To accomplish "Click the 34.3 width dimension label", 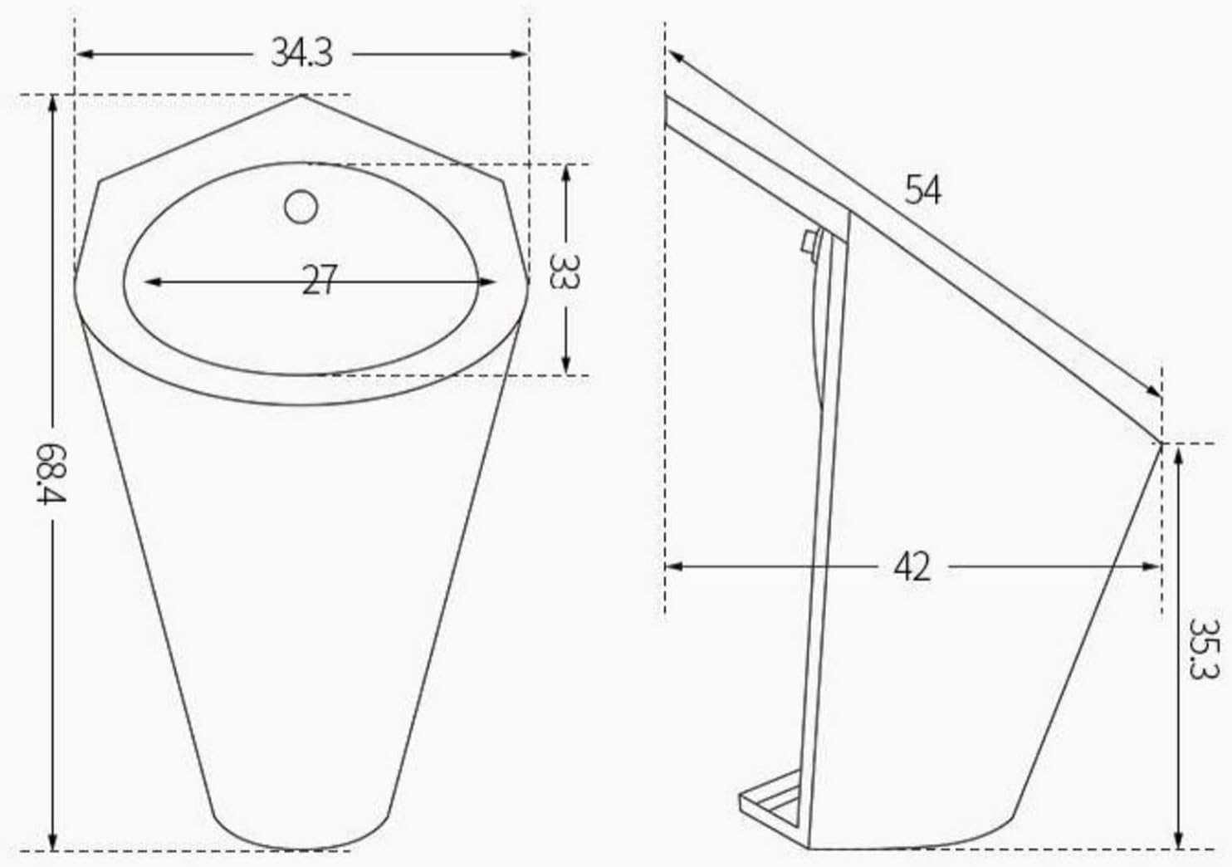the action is pos(301,54).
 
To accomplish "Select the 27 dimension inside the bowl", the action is pos(319,281).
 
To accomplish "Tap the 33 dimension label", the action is pos(565,270).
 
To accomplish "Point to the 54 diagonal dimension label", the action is pos(922,190).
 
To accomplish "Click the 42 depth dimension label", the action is pos(912,567).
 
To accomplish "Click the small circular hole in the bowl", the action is pos(301,207).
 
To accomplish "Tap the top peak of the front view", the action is pos(301,96).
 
